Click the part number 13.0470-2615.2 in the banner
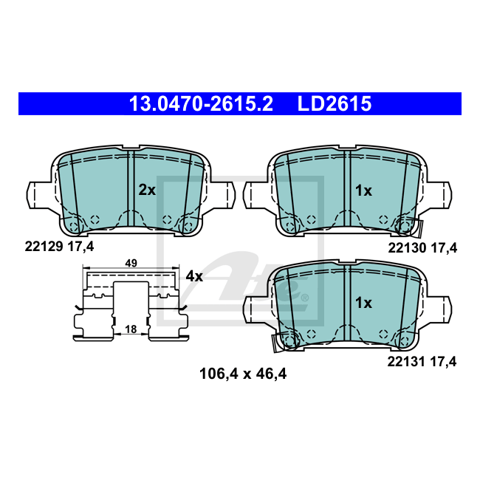point(201,103)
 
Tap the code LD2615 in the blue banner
point(335,103)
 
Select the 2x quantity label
point(147,190)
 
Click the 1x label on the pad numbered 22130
point(363,191)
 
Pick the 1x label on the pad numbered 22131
point(363,303)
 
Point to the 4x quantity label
point(194,276)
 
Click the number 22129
point(44,246)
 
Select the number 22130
point(407,247)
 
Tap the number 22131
point(406,362)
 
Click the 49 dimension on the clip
point(131,263)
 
